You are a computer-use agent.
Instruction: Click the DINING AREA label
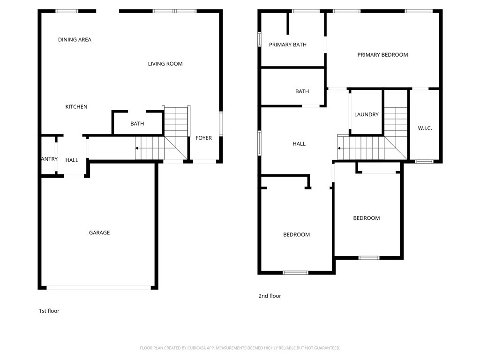click(x=75, y=39)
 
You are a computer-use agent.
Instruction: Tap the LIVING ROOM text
click(x=165, y=64)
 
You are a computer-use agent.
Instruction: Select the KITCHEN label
click(x=76, y=106)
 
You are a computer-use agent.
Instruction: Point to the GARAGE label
click(x=99, y=232)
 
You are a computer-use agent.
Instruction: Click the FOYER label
click(x=203, y=138)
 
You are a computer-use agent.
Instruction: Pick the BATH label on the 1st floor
click(x=137, y=124)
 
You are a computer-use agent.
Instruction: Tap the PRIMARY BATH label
click(x=288, y=45)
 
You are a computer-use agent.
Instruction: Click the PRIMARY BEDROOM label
click(x=382, y=55)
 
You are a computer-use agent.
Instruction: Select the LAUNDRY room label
click(x=367, y=114)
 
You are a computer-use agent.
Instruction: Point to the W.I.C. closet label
click(x=425, y=128)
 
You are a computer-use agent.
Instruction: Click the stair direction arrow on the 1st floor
click(x=136, y=148)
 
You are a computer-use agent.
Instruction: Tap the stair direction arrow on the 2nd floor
click(x=339, y=149)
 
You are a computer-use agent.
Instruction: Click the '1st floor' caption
click(x=49, y=311)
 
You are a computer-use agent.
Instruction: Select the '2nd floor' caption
click(x=270, y=296)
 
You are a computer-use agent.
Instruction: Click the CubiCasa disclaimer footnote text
click(x=240, y=348)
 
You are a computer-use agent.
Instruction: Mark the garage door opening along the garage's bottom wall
click(x=98, y=288)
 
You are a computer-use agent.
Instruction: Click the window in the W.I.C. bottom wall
click(x=424, y=161)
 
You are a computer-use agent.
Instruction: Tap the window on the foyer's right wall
click(x=221, y=124)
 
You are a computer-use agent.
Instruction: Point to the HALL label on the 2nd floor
click(x=299, y=144)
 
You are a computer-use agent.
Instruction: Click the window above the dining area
click(x=67, y=11)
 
